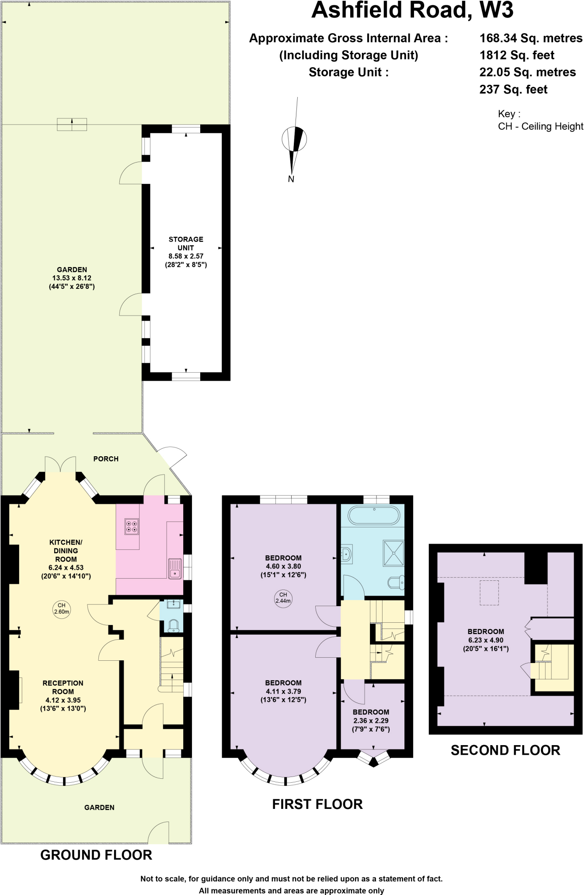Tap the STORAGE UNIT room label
(x=186, y=243)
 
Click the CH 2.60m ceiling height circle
(x=62, y=608)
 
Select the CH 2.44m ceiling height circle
(x=283, y=597)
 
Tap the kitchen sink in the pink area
(x=175, y=569)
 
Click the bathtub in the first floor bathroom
(x=374, y=515)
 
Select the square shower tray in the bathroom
(x=393, y=553)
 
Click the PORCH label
(x=106, y=458)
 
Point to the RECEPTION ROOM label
(x=63, y=687)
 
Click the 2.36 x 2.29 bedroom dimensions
(x=371, y=720)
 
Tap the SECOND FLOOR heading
(x=505, y=750)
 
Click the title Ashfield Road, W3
(x=412, y=10)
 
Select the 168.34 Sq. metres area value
(x=531, y=38)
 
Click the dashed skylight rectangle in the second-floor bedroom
(x=489, y=593)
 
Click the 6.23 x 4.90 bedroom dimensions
(x=486, y=640)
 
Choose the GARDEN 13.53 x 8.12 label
(x=72, y=278)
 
